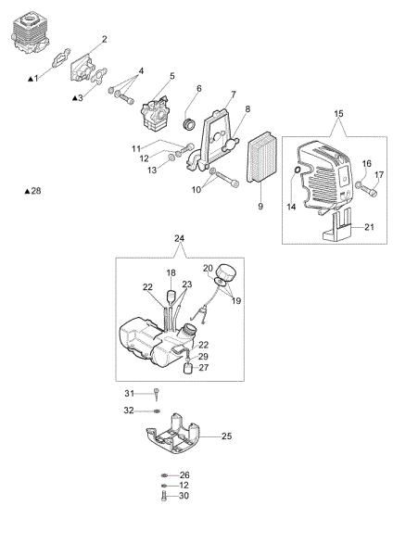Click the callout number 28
pyautogui.click(x=37, y=191)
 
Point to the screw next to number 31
pyautogui.click(x=158, y=393)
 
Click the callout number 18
pyautogui.click(x=171, y=272)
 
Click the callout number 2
pyautogui.click(x=104, y=39)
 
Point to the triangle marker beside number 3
pyautogui.click(x=75, y=96)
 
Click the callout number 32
pyautogui.click(x=129, y=410)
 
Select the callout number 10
pyautogui.click(x=196, y=190)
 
